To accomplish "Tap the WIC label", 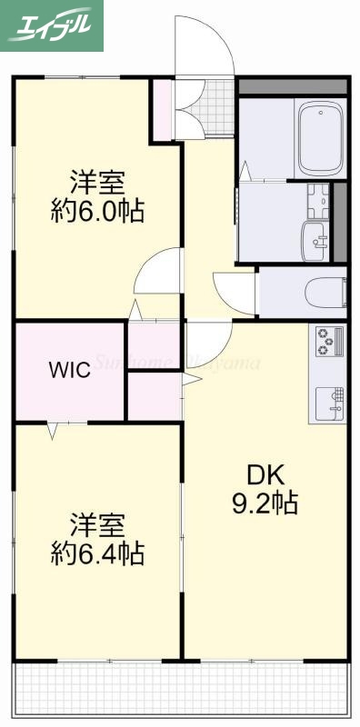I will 69,371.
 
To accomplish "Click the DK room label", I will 265,474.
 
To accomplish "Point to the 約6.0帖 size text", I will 96,211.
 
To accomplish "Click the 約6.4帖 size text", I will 96,553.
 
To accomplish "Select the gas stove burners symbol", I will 328,342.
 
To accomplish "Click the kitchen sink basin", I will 329,400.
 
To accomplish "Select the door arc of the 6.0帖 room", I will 158,273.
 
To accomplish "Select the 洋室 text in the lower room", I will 96,524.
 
